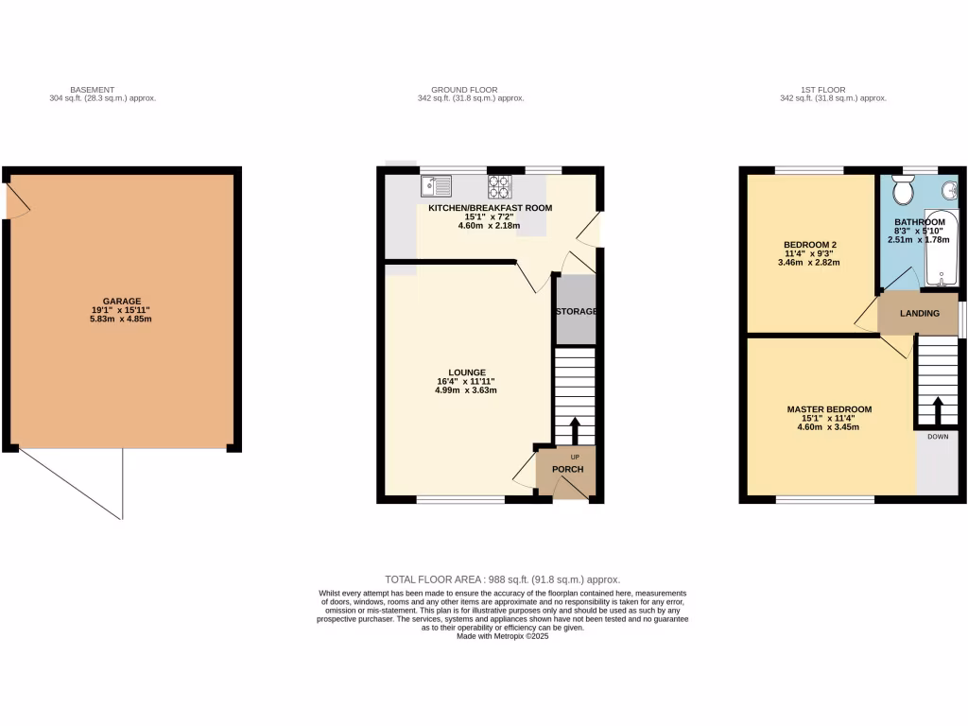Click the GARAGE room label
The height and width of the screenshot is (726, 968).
(121, 300)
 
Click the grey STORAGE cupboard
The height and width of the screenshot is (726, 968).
(575, 311)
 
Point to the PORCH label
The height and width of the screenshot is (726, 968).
(567, 470)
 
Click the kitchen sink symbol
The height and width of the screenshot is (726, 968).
(437, 185)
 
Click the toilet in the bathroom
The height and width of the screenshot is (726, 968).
(901, 192)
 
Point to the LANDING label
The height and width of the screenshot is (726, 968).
(919, 314)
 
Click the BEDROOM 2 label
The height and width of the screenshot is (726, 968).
(810, 245)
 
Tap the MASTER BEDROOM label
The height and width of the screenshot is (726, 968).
(829, 409)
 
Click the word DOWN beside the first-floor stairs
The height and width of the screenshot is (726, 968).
(938, 438)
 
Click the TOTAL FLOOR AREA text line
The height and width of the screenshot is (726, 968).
(502, 579)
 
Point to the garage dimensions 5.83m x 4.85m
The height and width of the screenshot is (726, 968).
(121, 320)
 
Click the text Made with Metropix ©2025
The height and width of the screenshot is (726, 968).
(502, 636)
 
